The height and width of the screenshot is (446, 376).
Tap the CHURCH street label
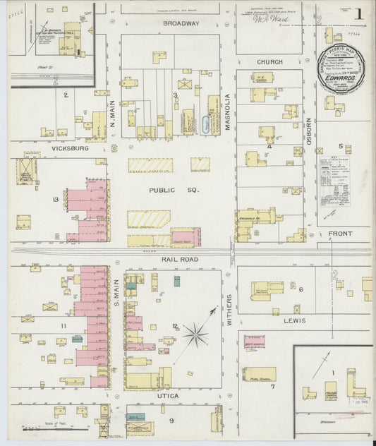click(x=269, y=61)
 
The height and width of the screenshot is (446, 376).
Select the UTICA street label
click(x=167, y=396)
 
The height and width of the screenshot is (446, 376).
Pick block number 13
click(x=55, y=200)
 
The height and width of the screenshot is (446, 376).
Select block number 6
click(x=301, y=289)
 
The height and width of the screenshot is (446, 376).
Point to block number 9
click(x=170, y=420)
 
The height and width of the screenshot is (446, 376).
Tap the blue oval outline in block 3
click(x=206, y=125)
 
